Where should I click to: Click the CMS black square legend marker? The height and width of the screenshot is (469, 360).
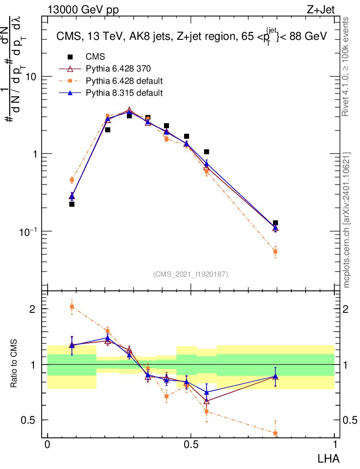click(70, 57)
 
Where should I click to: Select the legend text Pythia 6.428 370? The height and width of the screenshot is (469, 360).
click(118, 69)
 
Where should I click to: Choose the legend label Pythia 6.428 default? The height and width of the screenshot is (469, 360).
click(125, 81)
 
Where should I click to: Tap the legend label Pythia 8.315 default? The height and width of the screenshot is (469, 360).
click(125, 93)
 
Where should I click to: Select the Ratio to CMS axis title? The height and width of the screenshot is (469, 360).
click(16, 363)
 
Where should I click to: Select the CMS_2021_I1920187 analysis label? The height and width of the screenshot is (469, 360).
click(191, 274)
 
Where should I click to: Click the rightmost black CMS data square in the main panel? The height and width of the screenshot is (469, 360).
click(275, 223)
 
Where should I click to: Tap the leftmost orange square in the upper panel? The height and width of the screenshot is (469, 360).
click(72, 180)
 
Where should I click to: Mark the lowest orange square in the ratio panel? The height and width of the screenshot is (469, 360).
click(275, 433)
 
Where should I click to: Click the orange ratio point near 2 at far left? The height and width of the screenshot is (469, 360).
click(72, 306)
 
